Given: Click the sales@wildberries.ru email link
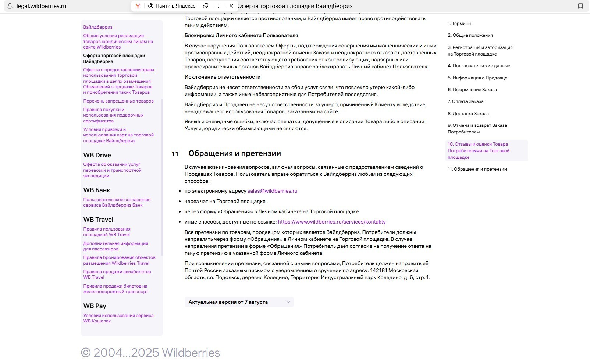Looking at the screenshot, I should click(x=272, y=191).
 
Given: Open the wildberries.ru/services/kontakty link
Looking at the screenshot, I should click(x=331, y=222).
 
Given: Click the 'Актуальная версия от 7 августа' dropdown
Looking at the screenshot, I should click(x=239, y=302).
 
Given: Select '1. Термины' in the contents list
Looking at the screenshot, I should click(x=459, y=24).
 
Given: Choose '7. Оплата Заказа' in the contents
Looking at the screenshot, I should click(x=465, y=101).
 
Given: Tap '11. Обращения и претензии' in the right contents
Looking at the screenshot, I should click(x=477, y=169).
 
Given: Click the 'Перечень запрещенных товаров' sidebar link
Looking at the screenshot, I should click(x=118, y=101).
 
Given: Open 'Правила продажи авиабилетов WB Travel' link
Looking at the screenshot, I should click(x=117, y=274).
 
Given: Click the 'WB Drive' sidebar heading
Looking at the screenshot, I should click(x=97, y=155).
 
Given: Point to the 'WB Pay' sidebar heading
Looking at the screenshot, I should click(x=95, y=306).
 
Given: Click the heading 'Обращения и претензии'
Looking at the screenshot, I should click(x=234, y=153).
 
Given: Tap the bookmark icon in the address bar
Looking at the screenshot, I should click(x=580, y=6).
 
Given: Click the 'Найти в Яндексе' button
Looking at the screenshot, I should click(x=172, y=6).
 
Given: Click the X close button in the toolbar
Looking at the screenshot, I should click(x=231, y=6).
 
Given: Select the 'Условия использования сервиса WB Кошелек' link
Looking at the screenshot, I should click(x=118, y=318).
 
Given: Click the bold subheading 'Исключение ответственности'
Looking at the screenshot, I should click(x=222, y=77).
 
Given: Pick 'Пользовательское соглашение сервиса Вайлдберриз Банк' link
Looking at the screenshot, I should click(x=117, y=202).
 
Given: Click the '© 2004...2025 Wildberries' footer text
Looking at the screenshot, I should click(x=150, y=352).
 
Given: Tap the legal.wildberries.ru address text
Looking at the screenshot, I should click(x=41, y=6).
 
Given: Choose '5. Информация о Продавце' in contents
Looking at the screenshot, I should click(x=477, y=78).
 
